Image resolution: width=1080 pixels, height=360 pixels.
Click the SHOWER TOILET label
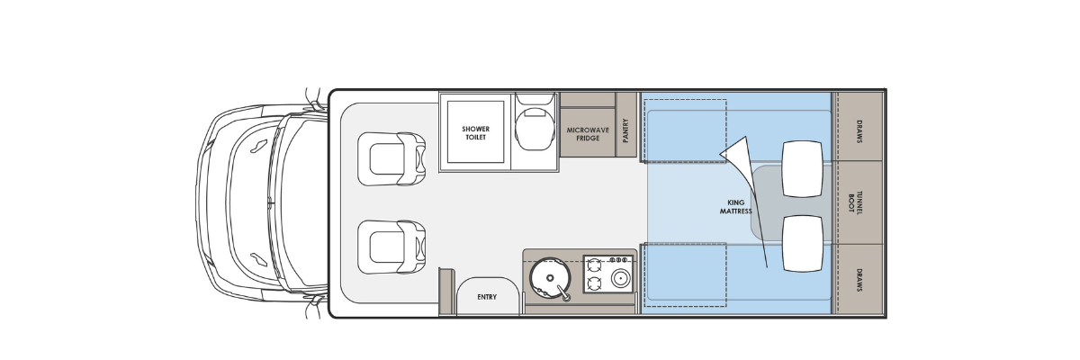[475, 133]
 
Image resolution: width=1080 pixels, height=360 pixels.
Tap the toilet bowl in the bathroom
[535, 125]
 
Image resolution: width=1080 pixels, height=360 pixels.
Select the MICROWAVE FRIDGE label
[588, 134]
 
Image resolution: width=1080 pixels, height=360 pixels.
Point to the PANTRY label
[625, 130]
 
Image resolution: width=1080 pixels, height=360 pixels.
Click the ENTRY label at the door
[487, 297]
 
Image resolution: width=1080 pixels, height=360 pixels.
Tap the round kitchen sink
[550, 278]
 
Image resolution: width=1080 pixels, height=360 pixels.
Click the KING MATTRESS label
[736, 207]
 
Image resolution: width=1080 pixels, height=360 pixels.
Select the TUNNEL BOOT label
[855, 202]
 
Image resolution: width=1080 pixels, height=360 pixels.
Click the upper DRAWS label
[859, 131]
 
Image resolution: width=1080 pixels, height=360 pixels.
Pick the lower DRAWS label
[859, 280]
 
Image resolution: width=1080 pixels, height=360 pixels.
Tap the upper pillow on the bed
[802, 168]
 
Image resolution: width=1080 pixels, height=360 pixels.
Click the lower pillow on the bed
[802, 243]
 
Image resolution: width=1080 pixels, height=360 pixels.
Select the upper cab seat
[391, 159]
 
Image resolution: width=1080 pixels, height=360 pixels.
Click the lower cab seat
[391, 247]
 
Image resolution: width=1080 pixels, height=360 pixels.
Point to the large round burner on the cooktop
[619, 279]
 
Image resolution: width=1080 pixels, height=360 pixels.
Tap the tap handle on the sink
[562, 292]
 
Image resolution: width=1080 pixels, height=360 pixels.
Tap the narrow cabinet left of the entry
[447, 292]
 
